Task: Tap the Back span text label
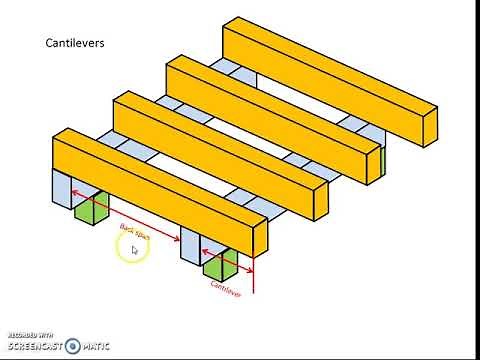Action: (134, 237)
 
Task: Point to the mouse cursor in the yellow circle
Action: (133, 249)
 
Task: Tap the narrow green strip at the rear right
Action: (382, 163)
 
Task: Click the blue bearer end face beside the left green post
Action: (61, 190)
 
